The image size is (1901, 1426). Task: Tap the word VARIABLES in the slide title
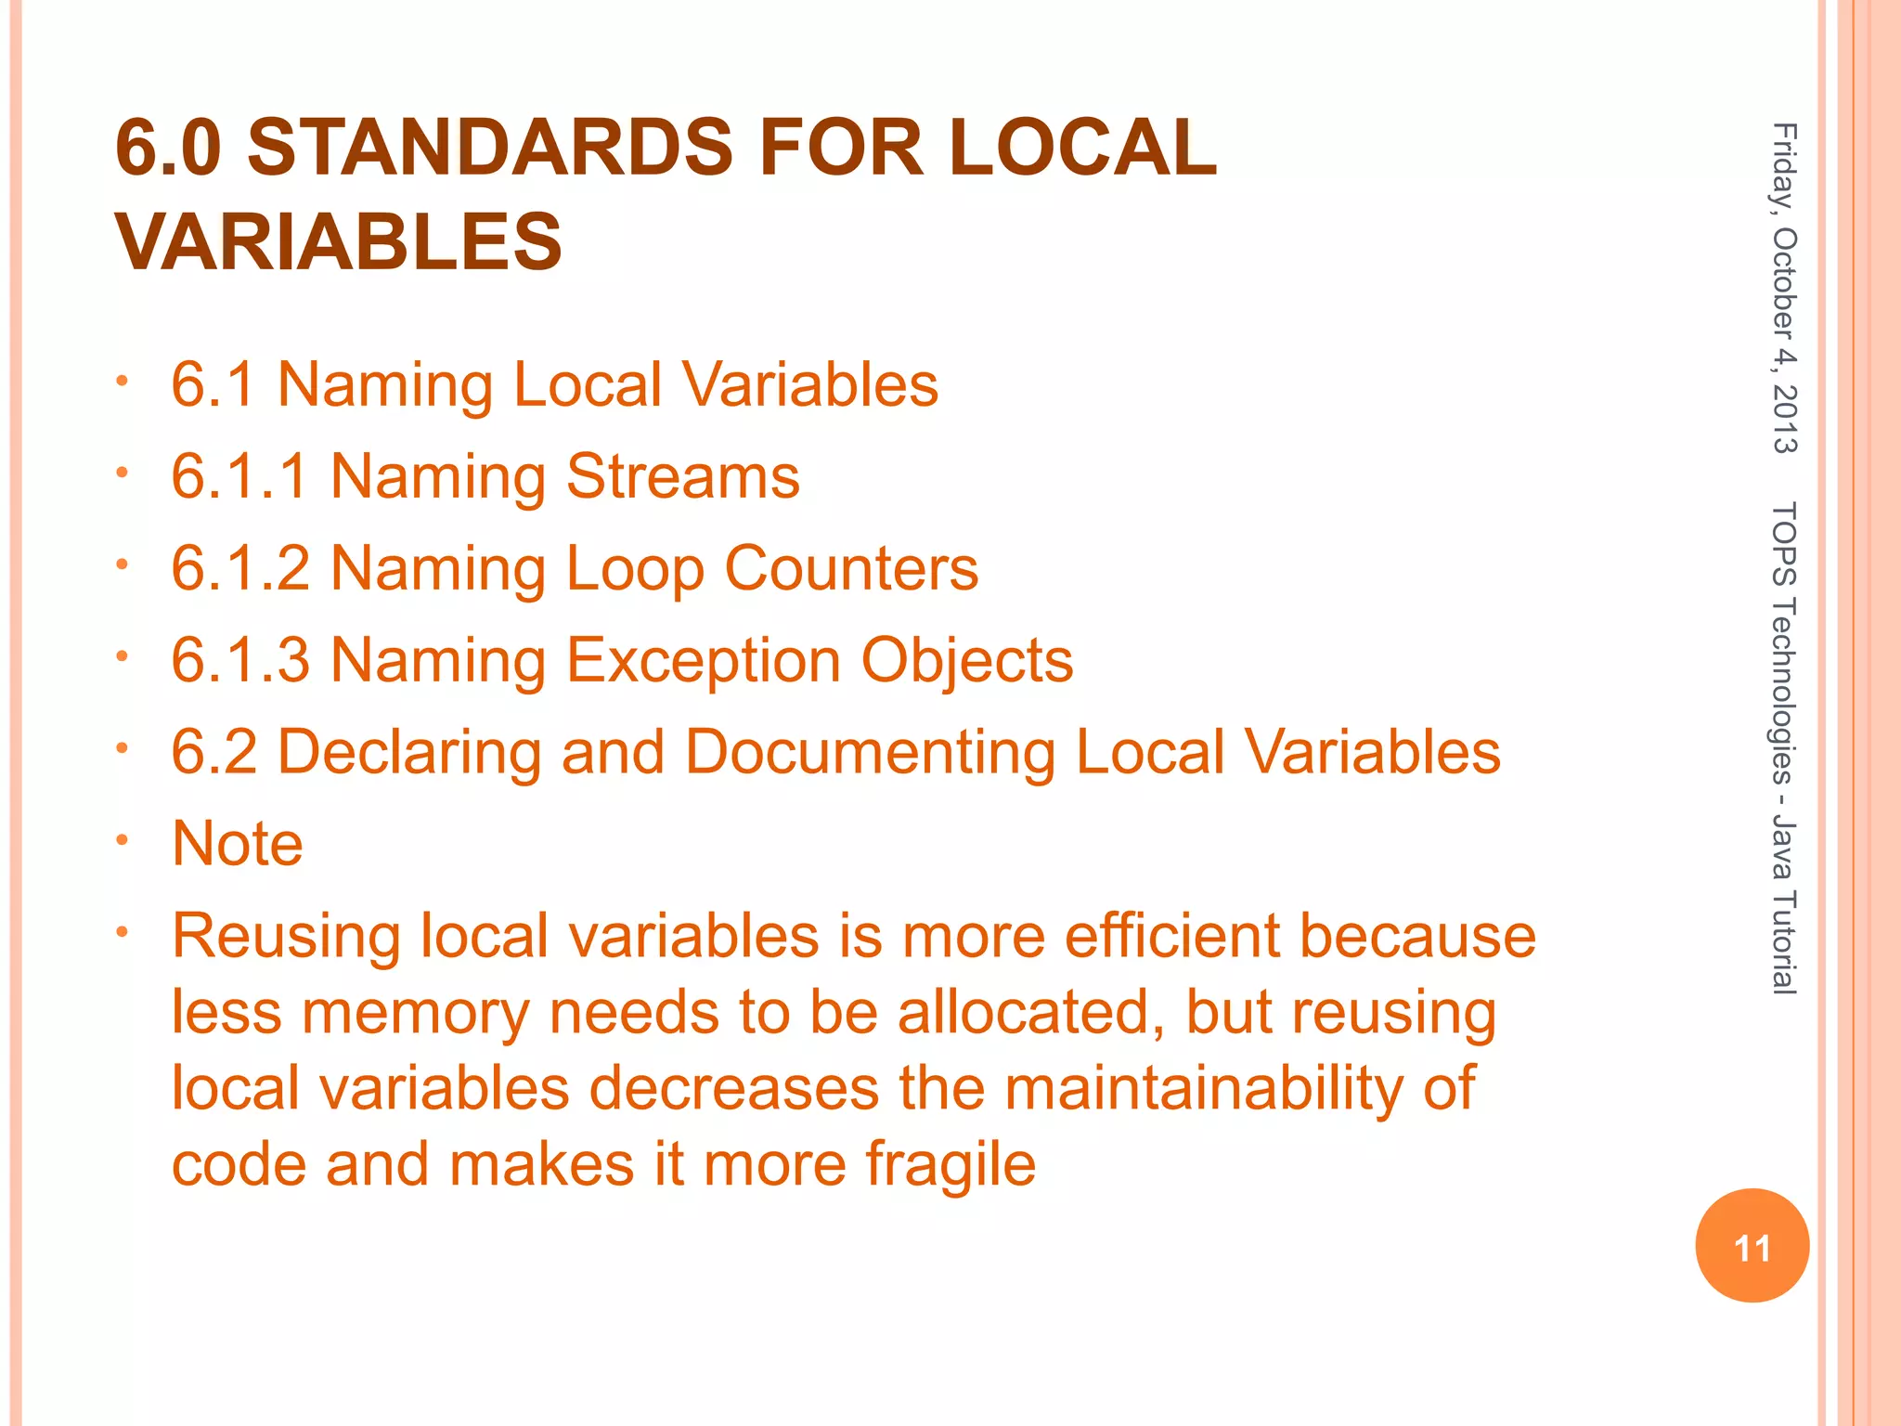point(339,241)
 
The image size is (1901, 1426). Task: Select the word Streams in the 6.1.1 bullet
point(682,477)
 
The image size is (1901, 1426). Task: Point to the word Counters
point(851,568)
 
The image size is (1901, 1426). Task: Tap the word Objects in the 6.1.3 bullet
point(966,660)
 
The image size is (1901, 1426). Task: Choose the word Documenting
point(870,751)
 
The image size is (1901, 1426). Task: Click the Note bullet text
point(238,843)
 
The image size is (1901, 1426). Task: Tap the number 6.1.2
point(240,568)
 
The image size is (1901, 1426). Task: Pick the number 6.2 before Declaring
point(213,751)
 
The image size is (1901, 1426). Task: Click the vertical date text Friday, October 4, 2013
point(1784,301)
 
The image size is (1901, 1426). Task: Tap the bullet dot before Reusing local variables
point(121,932)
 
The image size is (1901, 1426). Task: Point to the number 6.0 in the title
point(168,149)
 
